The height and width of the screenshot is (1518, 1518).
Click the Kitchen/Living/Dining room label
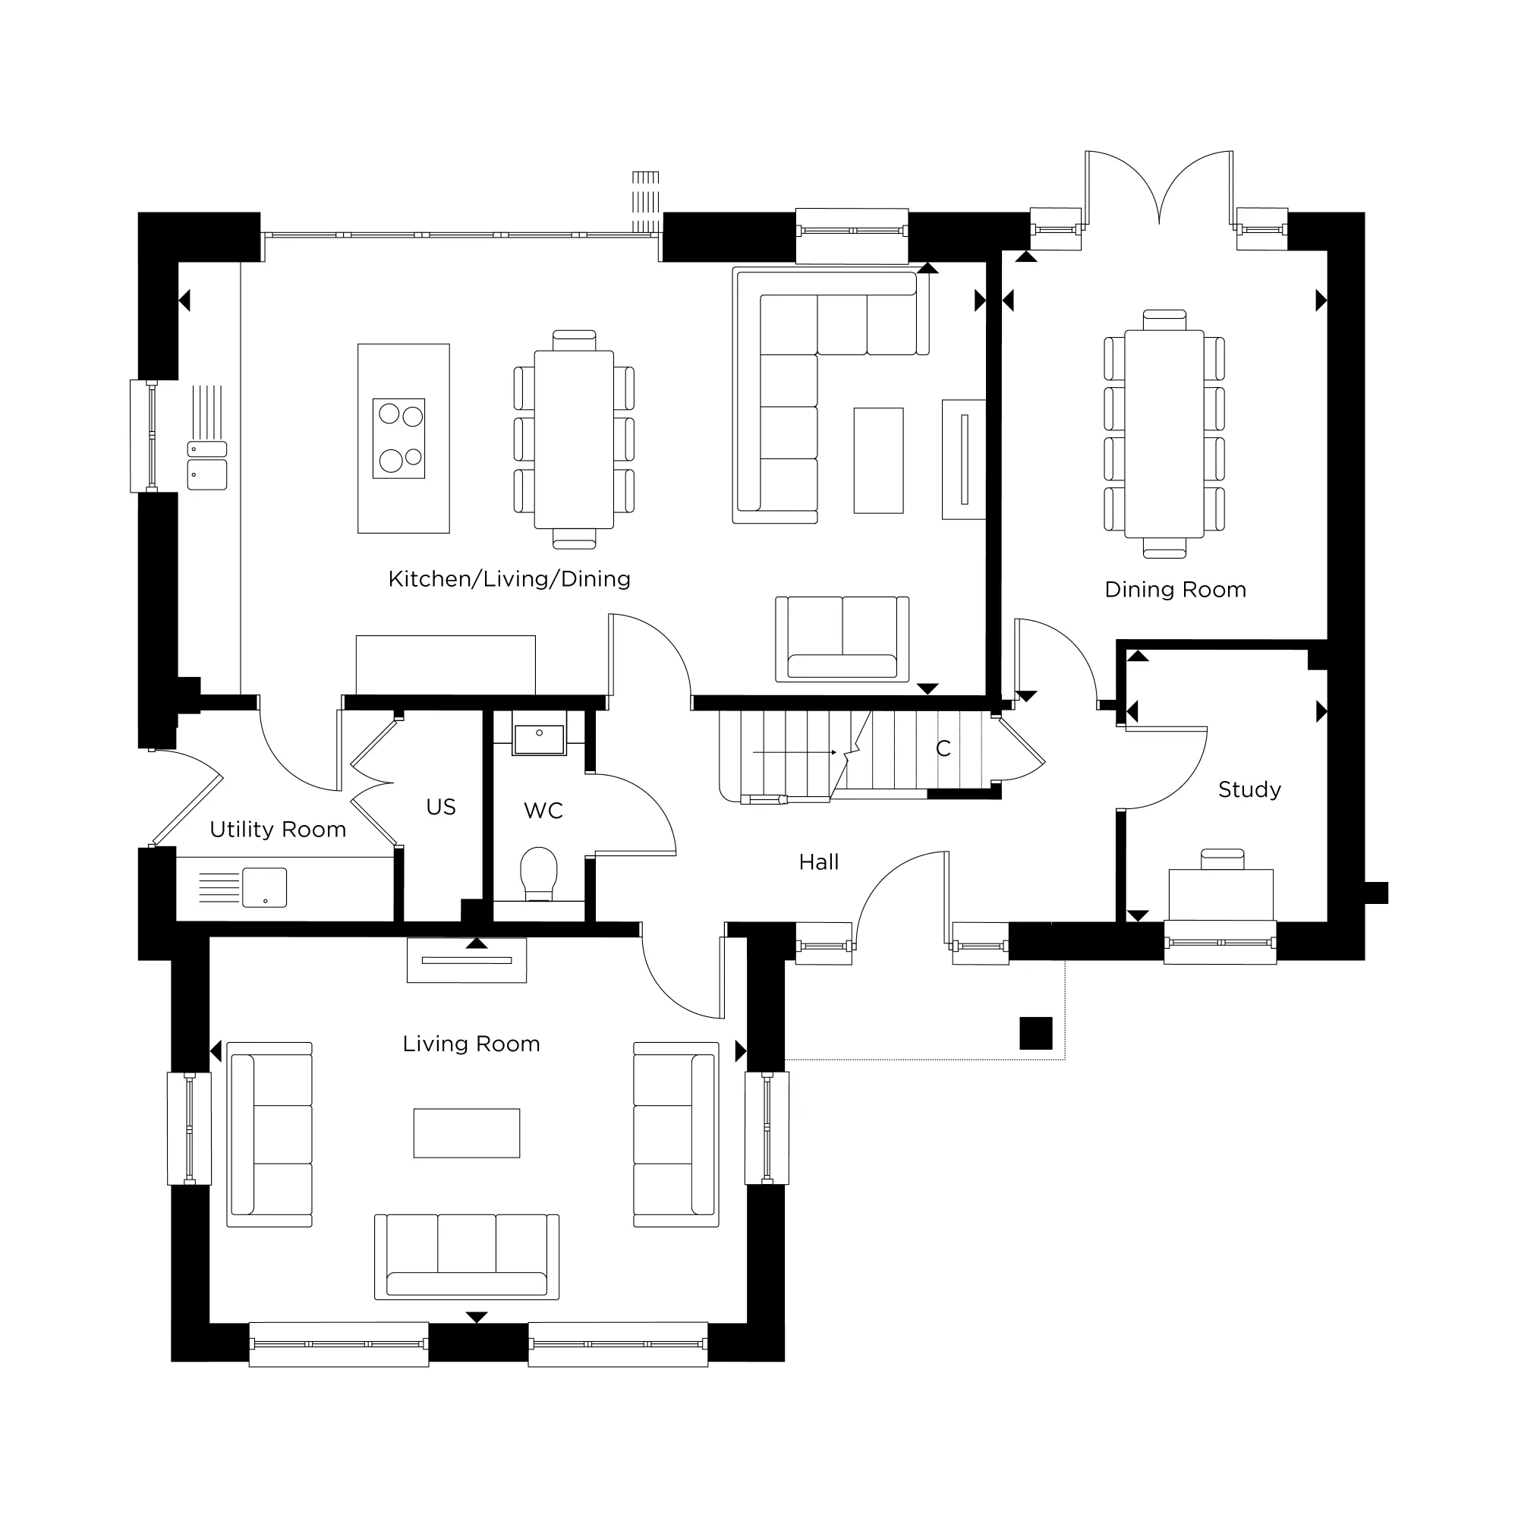tap(509, 579)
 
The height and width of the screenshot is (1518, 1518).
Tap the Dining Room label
tap(1176, 589)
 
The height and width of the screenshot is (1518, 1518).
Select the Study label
tap(1249, 789)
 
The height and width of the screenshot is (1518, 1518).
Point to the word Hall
tap(819, 862)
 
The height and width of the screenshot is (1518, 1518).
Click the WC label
tap(543, 811)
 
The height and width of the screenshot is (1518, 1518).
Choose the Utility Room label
tap(278, 830)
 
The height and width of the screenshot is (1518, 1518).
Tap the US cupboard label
tap(441, 807)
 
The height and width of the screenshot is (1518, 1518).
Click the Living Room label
tap(471, 1044)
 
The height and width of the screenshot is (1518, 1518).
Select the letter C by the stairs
tap(943, 748)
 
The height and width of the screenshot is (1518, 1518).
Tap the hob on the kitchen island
tap(399, 439)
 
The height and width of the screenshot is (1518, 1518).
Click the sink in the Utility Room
tap(264, 887)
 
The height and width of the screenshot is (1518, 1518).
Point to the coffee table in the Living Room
tap(467, 1133)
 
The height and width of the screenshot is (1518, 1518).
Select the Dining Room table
tap(1164, 433)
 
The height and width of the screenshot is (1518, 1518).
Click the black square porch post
tap(1035, 1033)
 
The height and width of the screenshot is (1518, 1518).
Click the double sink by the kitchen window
tap(207, 465)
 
